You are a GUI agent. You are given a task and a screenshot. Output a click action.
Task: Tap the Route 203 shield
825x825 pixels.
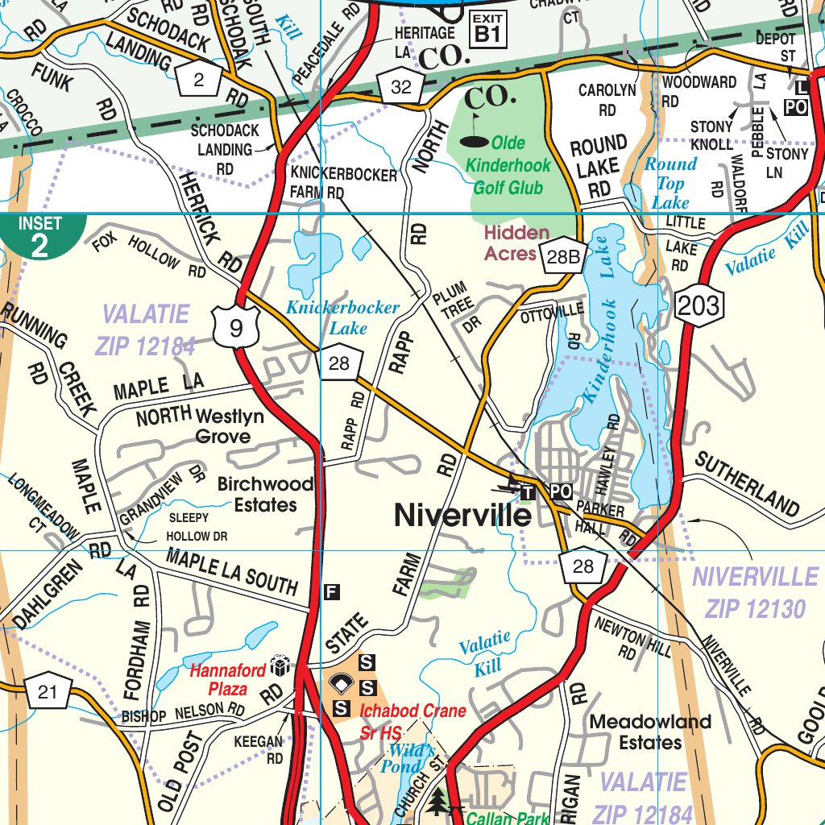(698, 305)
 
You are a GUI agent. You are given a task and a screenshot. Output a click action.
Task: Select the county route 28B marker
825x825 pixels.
(562, 256)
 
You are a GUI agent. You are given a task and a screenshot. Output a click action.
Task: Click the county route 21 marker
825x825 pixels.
(48, 690)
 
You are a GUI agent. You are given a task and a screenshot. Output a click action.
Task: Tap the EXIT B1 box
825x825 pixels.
(488, 29)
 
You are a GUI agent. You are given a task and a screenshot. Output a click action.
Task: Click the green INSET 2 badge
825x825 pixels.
(40, 236)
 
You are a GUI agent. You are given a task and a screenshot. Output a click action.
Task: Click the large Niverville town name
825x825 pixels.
(462, 516)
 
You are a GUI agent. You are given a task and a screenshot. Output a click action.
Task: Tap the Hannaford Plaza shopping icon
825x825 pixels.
(280, 666)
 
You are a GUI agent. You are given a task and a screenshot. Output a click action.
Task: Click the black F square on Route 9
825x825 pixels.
(331, 593)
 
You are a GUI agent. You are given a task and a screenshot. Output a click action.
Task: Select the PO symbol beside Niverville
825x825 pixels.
(561, 491)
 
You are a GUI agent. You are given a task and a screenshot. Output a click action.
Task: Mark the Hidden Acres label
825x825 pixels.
(516, 243)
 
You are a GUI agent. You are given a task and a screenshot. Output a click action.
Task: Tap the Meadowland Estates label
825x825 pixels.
(649, 732)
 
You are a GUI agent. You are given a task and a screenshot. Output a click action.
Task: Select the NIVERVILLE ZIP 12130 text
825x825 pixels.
(755, 592)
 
